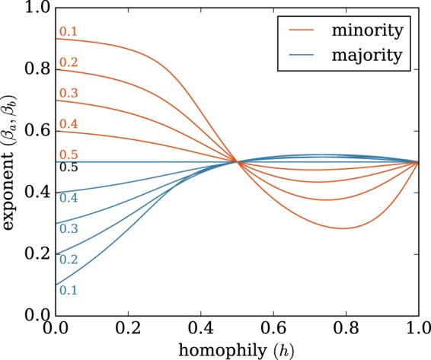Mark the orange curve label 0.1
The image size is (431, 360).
coord(68,33)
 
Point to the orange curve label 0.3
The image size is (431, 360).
coord(68,93)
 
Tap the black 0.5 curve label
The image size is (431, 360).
coord(68,167)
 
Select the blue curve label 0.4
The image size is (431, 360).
coord(68,199)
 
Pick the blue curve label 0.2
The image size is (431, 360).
coord(68,260)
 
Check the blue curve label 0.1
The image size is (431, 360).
coord(68,290)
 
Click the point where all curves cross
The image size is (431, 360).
coord(238,161)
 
